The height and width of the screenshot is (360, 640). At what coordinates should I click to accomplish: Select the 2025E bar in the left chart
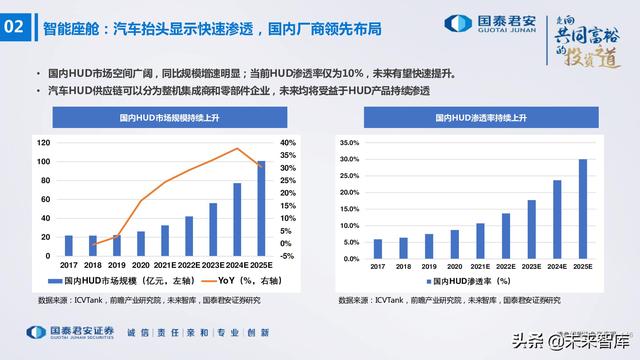click(x=261, y=208)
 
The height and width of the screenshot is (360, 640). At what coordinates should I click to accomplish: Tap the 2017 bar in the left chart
click(x=69, y=245)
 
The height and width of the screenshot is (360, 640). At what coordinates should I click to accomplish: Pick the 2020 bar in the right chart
click(x=455, y=243)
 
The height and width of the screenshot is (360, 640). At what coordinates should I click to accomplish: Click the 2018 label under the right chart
click(x=403, y=267)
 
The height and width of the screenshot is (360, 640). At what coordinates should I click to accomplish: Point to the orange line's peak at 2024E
click(x=237, y=149)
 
